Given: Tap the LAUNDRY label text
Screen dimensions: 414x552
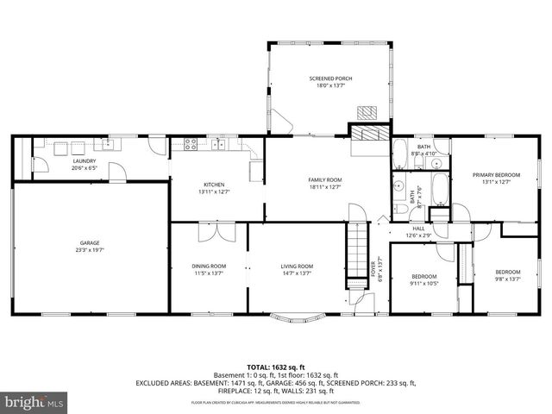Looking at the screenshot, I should click(84, 160).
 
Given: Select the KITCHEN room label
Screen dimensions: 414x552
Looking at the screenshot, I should click(214, 185).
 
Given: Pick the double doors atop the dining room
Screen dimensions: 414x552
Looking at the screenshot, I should click(215, 231).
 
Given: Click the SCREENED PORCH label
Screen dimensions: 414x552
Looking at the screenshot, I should click(331, 78).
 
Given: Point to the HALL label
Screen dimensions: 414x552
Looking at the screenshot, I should click(418, 229).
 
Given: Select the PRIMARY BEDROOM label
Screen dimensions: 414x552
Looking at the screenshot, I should click(496, 174).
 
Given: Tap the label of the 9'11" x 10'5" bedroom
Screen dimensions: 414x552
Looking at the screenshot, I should click(423, 276).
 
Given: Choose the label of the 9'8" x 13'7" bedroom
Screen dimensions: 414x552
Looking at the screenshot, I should click(507, 272).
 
